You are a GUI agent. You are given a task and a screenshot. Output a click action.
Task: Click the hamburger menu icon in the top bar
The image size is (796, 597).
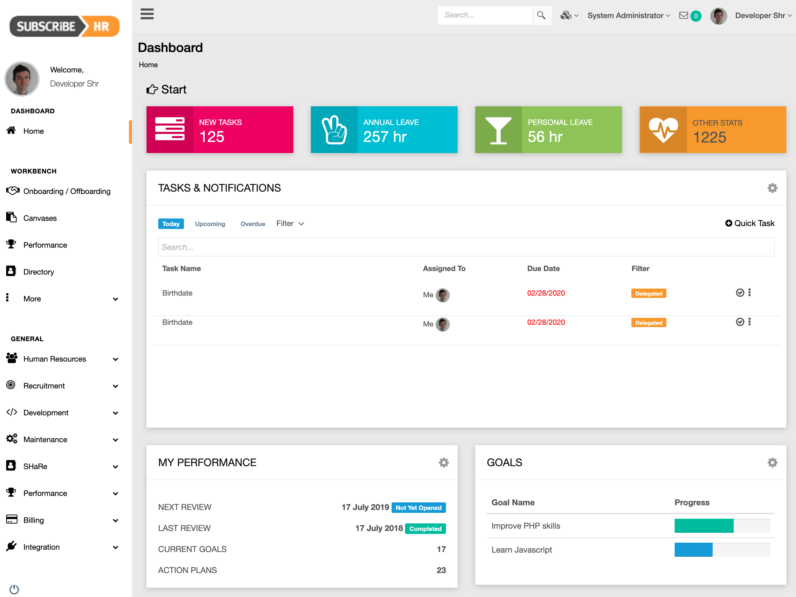147,14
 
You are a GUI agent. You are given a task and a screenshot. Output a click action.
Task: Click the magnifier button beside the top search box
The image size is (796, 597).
541,15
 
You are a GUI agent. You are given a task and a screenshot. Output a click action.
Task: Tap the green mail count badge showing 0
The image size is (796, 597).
696,16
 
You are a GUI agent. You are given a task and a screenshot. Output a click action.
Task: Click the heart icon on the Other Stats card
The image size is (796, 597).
663,130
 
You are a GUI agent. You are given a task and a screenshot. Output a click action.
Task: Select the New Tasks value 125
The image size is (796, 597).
212,137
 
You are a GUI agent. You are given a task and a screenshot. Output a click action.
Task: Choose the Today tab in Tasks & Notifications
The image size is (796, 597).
171,223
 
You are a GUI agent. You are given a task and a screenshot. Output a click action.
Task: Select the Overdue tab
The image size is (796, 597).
253,223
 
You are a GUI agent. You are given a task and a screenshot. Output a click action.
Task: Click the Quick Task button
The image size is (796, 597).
750,223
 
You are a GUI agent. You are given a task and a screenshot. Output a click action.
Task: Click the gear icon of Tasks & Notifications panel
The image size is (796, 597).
772,188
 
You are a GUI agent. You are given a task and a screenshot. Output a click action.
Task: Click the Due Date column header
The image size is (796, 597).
543,268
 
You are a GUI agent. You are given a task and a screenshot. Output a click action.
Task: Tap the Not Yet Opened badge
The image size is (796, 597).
418,508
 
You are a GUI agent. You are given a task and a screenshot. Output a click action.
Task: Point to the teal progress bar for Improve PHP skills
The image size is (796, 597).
704,525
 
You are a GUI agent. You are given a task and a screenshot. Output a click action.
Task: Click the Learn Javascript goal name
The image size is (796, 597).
521,550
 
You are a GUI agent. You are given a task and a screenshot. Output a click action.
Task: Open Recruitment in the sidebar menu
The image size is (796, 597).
44,386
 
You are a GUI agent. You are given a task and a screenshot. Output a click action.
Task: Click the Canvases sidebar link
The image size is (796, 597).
40,218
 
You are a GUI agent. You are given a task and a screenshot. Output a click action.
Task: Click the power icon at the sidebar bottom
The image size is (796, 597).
14,589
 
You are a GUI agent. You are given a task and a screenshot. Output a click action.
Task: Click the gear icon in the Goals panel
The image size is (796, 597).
772,462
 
